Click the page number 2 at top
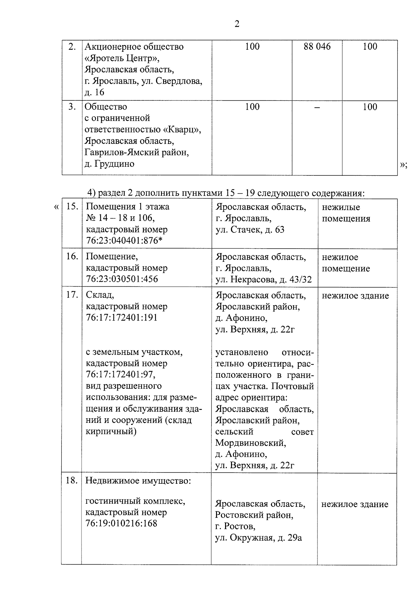(237, 24)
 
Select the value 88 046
(317, 47)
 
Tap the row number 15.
(72, 206)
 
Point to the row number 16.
(72, 256)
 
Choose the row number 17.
(72, 295)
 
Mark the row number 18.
(72, 480)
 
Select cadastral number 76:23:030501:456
(122, 279)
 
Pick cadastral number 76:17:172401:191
(122, 317)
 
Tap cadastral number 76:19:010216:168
(121, 523)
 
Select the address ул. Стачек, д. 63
(250, 230)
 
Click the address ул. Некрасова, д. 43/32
(264, 279)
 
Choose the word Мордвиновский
(251, 443)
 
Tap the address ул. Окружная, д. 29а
(258, 538)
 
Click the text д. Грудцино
(110, 164)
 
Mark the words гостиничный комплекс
(135, 501)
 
